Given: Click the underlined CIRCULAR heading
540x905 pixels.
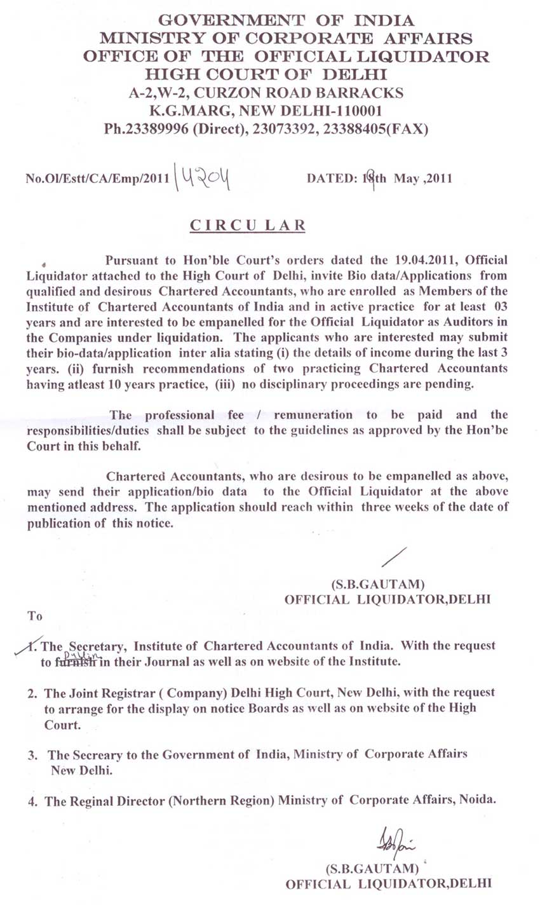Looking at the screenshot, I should (248, 226).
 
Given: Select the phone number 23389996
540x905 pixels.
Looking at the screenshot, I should (158, 129).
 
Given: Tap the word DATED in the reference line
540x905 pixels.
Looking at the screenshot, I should (329, 179).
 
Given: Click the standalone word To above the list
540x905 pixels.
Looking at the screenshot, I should (34, 616).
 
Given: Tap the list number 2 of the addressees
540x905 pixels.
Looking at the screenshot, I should (31, 692).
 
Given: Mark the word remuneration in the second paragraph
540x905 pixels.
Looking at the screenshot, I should (313, 415).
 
